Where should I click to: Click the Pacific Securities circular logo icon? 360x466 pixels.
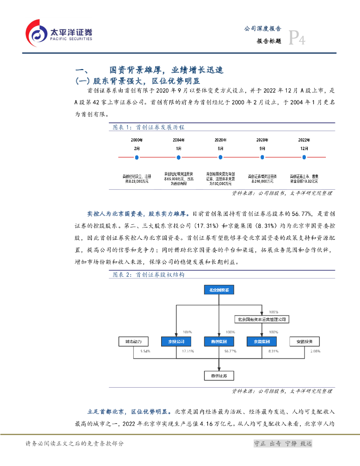tap(36, 32)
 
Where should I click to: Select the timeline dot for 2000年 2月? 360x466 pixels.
tap(137, 157)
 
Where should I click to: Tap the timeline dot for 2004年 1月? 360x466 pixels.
tap(178, 157)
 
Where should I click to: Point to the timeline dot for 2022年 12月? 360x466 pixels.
tap(304, 157)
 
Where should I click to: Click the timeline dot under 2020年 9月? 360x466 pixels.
tap(262, 157)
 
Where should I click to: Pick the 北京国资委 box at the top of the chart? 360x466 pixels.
tap(219, 290)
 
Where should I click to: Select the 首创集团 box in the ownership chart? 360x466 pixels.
tap(219, 341)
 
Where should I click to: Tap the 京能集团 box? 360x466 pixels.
tap(262, 341)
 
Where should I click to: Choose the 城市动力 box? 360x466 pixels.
tap(133, 341)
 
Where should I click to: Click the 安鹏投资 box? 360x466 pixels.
tap(304, 341)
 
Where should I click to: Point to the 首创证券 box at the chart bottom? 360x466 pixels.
tap(219, 375)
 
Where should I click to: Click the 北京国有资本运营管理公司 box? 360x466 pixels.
tap(262, 319)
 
